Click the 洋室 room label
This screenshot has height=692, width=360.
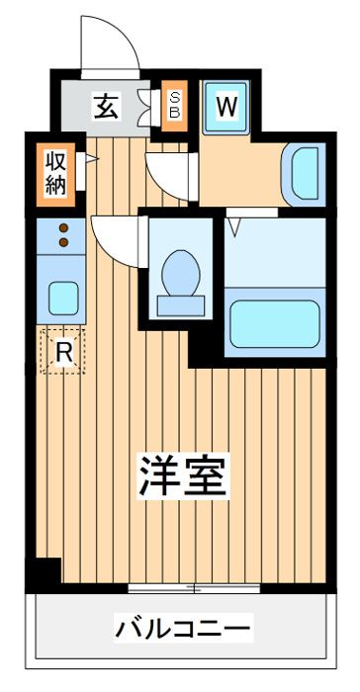[184, 477]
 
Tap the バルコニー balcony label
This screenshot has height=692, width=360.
[183, 627]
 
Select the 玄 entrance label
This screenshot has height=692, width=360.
[105, 105]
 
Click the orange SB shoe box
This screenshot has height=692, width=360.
[174, 106]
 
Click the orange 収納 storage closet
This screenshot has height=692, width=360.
[53, 174]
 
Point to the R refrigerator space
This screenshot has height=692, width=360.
[62, 351]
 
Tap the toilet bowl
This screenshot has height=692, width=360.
[179, 274]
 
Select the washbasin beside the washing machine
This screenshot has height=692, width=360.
[302, 171]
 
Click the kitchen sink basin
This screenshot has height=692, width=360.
[63, 296]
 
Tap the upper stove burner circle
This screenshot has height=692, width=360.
[62, 228]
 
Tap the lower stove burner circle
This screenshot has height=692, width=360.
[62, 242]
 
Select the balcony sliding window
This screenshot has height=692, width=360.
[194, 588]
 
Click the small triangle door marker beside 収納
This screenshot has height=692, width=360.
[90, 158]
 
